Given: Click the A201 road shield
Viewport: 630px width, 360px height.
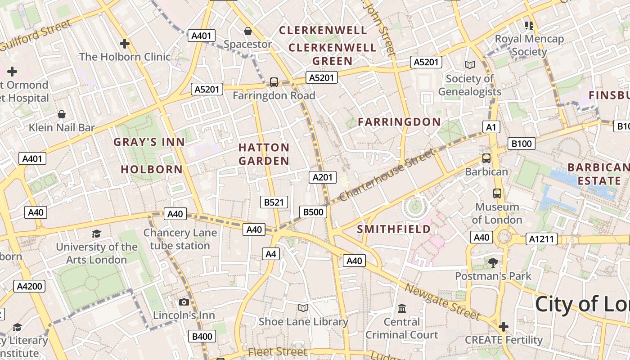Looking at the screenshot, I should point(323,177).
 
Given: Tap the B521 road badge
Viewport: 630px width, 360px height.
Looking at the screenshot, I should point(274,202).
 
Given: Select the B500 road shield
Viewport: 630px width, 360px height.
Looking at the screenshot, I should point(313,212).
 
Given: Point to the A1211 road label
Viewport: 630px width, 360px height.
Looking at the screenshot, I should point(543,239).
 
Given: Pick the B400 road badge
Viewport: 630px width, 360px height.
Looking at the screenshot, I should point(202,336).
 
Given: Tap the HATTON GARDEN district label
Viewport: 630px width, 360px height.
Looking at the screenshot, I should point(264,154).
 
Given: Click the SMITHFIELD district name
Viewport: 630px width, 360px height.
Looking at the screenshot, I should point(394,229).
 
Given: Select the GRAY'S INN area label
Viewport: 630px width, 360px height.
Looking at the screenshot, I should point(149,142).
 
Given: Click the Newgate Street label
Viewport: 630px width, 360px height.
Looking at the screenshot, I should point(442,302).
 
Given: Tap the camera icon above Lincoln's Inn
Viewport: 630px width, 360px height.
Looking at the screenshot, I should point(184,302).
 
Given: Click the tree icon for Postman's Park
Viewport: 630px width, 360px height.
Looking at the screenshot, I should point(493,262).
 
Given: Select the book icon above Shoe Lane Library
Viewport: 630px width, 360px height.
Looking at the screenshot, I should point(303,308).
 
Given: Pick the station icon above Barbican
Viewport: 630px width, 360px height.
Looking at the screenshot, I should point(486,158).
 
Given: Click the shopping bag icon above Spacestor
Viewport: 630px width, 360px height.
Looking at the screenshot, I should point(247,31).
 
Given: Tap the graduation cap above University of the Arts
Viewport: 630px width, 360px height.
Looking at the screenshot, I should point(96,234).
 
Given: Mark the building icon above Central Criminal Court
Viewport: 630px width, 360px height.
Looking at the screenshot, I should point(401,309).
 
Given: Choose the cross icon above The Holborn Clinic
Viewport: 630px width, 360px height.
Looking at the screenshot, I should point(125,44).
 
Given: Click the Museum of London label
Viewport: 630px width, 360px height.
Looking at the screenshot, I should point(497,213).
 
